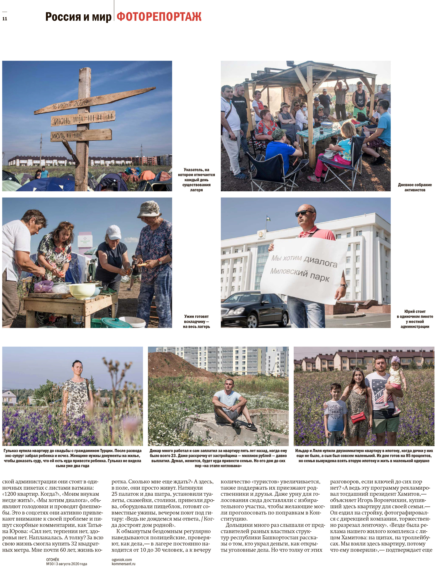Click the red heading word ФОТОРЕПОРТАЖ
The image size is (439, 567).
[159, 17]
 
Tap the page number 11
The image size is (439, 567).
[5, 19]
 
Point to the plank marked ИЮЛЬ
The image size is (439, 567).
[80, 135]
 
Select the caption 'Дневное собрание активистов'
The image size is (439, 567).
[415, 187]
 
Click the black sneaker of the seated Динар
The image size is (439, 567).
[251, 426]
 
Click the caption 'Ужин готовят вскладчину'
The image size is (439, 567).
[196, 321]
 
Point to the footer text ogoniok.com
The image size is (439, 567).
[122, 559]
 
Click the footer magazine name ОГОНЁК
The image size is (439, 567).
[53, 559]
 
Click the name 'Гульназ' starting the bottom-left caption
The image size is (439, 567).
[11, 451]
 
